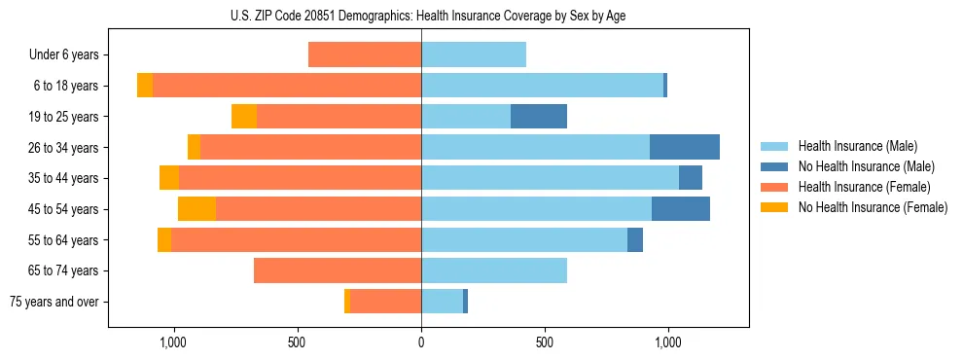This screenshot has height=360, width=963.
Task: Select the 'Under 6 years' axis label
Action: [65, 54]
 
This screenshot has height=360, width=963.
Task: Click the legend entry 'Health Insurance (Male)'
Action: [856, 146]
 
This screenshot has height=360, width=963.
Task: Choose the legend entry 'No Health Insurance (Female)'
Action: [872, 207]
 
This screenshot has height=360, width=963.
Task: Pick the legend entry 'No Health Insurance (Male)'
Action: [865, 166]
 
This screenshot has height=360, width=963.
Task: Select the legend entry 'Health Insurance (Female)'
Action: [864, 187]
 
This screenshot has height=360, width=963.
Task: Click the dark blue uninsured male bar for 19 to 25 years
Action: [539, 117]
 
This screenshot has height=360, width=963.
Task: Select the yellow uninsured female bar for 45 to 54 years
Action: [196, 209]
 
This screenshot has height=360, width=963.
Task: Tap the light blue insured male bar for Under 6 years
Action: [474, 54]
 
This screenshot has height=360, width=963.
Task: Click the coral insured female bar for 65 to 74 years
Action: [338, 270]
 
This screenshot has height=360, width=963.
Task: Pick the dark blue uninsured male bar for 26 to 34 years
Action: [685, 147]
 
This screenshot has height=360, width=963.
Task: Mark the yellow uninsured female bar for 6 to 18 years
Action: [145, 86]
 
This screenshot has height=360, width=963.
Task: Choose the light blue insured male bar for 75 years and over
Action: [442, 302]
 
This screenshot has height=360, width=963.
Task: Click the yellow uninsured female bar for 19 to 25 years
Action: [244, 117]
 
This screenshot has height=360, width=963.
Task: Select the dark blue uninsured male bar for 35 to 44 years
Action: [691, 178]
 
